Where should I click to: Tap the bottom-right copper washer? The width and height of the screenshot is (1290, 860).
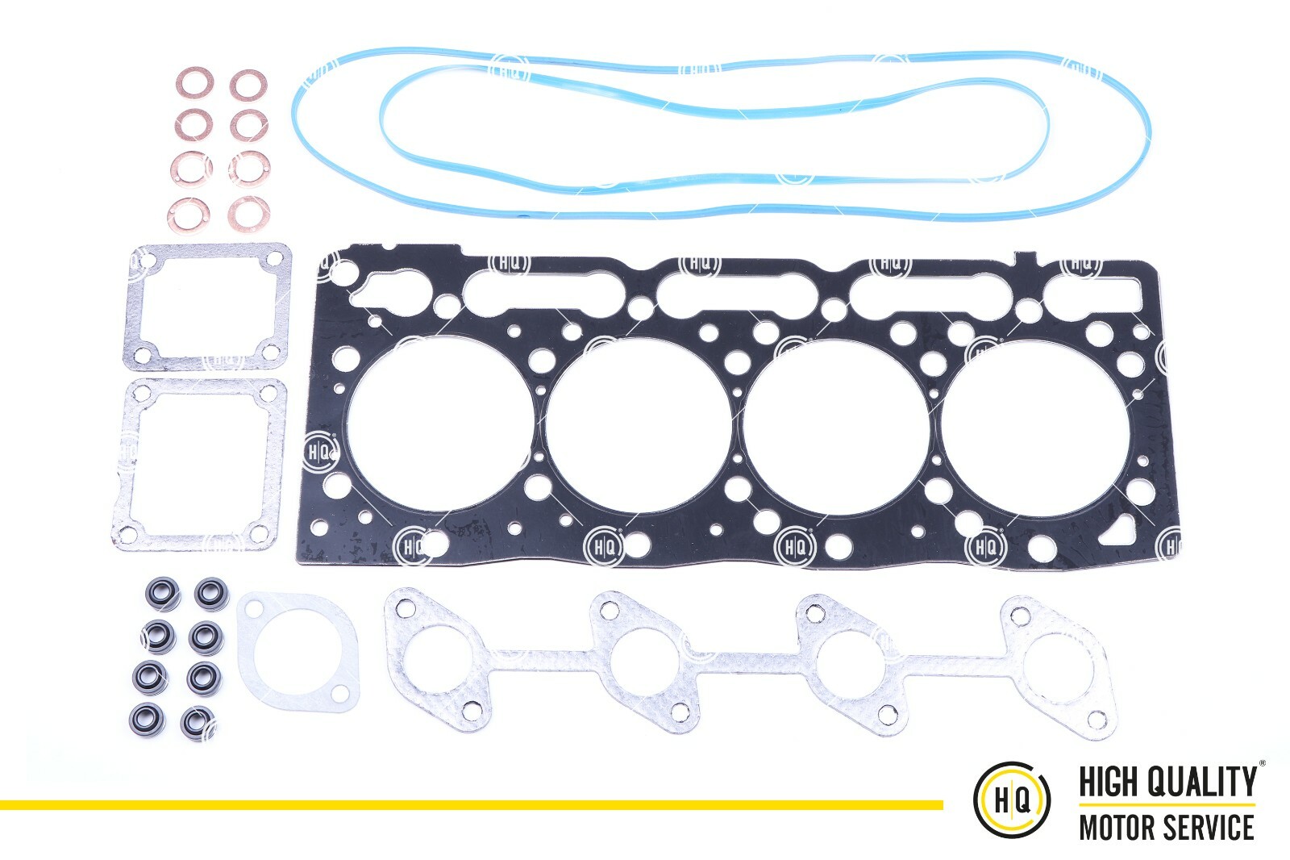pos(248,212)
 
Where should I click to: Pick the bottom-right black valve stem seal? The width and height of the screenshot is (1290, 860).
pos(197,720)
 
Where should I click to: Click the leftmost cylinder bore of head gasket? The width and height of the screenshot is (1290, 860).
pos(439,424)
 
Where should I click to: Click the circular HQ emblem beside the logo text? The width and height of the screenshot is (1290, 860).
pos(1012,799)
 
